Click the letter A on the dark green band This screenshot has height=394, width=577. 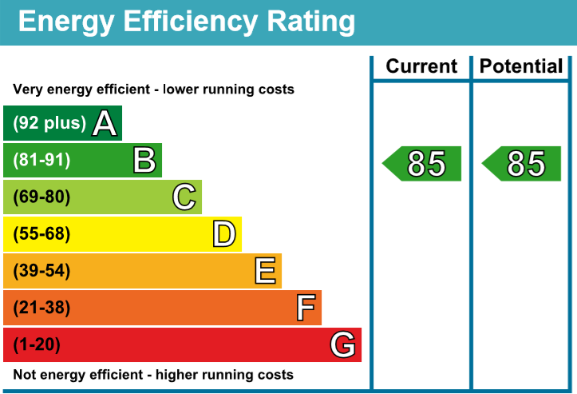click(105, 123)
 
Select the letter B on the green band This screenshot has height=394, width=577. click(144, 160)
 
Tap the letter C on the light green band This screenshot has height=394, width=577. click(184, 197)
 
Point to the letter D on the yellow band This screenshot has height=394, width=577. click(224, 234)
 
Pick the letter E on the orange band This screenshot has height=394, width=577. click(265, 271)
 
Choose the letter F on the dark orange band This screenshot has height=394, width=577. click(306, 308)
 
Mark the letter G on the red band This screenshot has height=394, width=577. click(342, 345)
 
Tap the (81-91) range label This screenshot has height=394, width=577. click(41, 160)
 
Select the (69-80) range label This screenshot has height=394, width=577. click(41, 197)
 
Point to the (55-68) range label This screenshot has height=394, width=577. click(41, 234)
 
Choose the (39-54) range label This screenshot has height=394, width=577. click(41, 271)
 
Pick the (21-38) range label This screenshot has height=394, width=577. click(41, 308)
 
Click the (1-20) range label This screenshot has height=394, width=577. click(37, 345)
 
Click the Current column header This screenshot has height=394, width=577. click(421, 67)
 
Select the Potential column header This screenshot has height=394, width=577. click(522, 67)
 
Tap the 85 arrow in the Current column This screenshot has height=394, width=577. click(423, 164)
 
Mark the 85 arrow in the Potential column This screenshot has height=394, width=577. click(523, 164)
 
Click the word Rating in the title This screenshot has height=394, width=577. click(306, 22)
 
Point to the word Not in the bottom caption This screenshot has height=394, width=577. click(26, 375)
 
